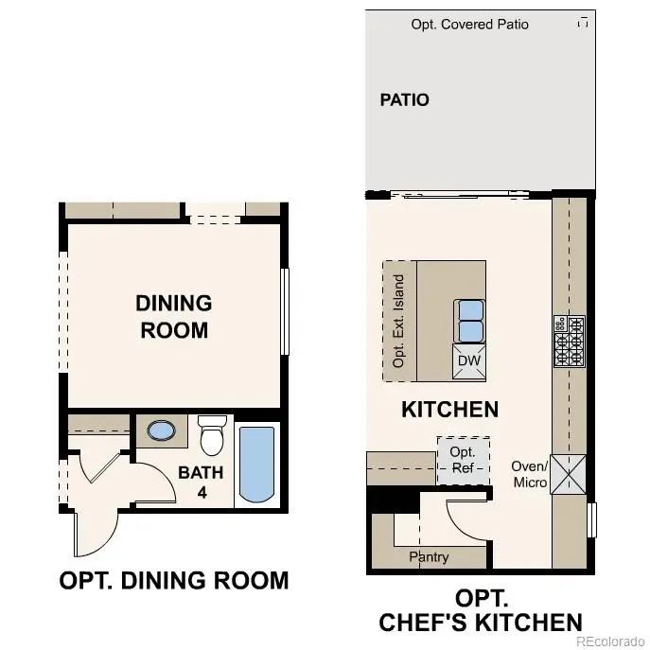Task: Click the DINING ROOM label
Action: pos(173,317)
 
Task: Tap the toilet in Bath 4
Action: pos(210,436)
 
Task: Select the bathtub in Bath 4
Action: pos(256,464)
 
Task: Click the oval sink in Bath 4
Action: pos(162,431)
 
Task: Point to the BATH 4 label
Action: pos(200,482)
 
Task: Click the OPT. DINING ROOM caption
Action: pos(173,580)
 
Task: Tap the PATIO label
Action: pos(404,99)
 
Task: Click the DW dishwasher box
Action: pos(469,360)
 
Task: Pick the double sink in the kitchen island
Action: pos(469,321)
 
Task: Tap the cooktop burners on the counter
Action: pos(569,341)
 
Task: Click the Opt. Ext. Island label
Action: pos(399,322)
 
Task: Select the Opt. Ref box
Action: pos(463,459)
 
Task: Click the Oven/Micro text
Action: pos(530,474)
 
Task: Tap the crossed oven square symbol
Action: pos(569,475)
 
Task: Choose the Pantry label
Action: pos(429,556)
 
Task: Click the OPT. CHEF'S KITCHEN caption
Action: pos(480,610)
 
